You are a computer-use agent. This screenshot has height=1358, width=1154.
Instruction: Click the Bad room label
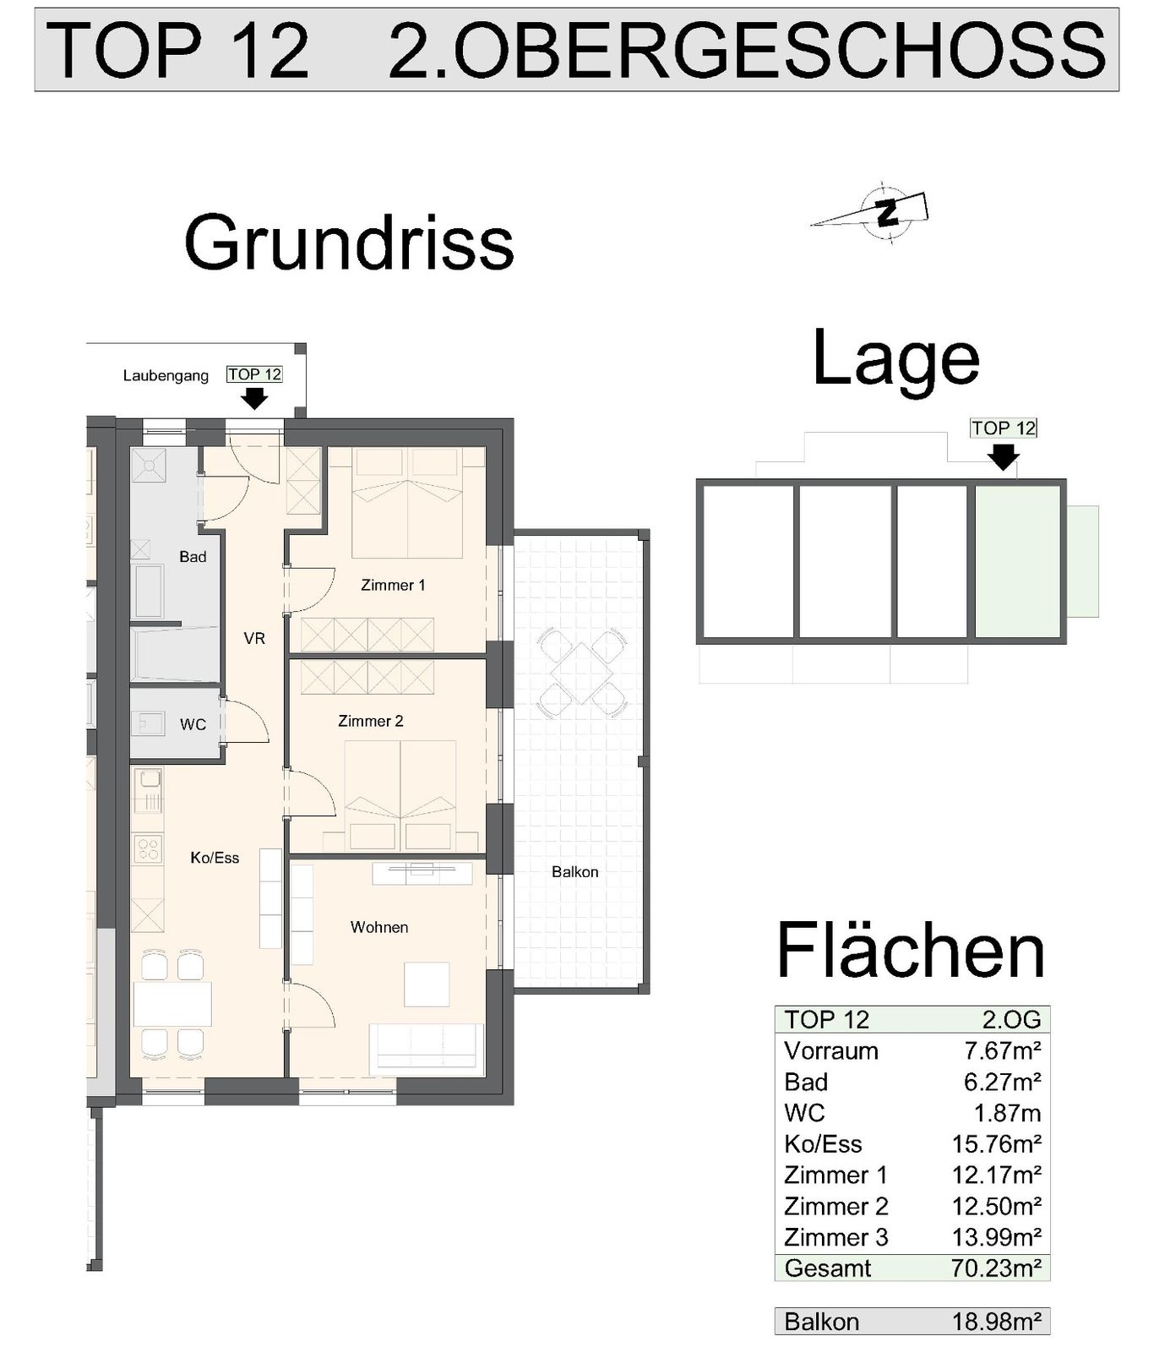tap(193, 557)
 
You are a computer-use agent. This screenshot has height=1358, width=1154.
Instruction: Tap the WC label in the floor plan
tap(193, 725)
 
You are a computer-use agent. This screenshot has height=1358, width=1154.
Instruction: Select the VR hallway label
tap(254, 639)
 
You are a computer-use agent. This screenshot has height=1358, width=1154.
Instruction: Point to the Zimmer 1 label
tap(393, 585)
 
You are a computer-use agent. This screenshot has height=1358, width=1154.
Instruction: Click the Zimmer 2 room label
tap(370, 721)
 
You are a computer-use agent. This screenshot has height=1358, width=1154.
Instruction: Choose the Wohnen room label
tap(379, 927)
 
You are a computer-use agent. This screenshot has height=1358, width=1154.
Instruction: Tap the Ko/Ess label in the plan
tap(215, 858)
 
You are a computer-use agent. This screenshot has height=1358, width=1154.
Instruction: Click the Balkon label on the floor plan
tap(574, 872)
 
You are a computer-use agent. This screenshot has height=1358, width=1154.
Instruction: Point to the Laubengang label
tap(166, 376)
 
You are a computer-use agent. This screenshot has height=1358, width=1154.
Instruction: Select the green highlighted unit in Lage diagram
tap(1017, 562)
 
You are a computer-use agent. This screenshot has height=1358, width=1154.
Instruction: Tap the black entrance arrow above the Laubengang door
tap(254, 398)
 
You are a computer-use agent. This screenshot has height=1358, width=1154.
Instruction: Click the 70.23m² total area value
tap(996, 1268)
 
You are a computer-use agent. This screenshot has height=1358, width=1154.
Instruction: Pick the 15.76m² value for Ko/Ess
tap(996, 1144)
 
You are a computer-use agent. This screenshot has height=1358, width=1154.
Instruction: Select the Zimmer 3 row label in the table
tap(836, 1238)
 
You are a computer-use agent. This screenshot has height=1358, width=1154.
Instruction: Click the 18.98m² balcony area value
tap(996, 1322)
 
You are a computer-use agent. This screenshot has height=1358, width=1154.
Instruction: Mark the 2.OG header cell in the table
tap(1011, 1020)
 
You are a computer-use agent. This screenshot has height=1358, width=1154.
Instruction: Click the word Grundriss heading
tap(349, 243)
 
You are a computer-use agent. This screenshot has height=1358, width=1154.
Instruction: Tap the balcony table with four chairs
tap(582, 673)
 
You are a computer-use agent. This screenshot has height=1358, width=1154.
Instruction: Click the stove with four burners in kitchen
tap(148, 848)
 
